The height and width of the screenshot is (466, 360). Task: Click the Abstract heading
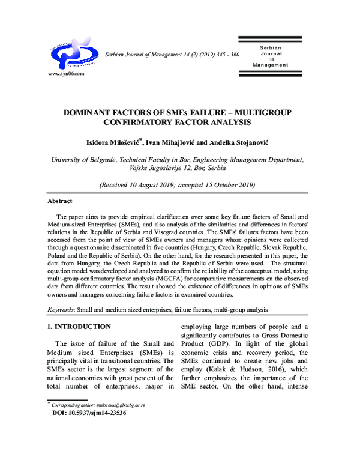(x=60, y=201)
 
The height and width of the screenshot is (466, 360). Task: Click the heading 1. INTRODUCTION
(x=79, y=327)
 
